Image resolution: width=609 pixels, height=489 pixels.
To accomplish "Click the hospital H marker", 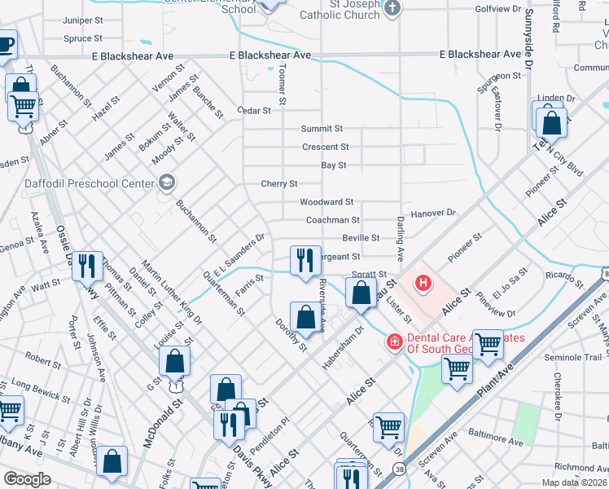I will point(423,284).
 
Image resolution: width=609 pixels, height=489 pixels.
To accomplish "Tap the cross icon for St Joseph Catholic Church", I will point(392,9).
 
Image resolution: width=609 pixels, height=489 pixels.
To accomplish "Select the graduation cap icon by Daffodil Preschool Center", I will point(167,182).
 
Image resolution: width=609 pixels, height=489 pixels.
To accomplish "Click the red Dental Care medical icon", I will point(395,341).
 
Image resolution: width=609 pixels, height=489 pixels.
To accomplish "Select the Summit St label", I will point(322,129).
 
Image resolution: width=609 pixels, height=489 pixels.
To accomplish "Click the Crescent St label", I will point(325,147).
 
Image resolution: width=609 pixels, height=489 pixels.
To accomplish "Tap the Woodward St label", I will point(326,201).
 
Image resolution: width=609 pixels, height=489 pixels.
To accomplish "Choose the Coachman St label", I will point(332,220).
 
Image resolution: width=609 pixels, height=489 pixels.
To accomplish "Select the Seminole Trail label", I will point(573,357).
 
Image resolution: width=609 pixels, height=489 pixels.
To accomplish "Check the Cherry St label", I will point(278,183).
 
